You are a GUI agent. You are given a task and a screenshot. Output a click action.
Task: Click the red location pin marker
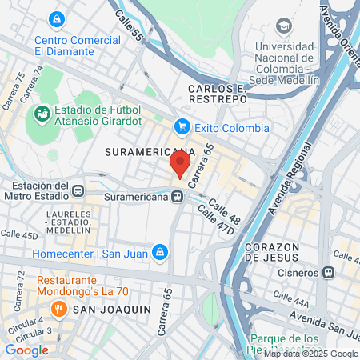tap(180, 164)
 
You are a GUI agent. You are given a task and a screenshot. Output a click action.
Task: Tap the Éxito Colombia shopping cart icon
tap(182, 126)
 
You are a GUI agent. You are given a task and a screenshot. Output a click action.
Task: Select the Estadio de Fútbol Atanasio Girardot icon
tap(39, 116)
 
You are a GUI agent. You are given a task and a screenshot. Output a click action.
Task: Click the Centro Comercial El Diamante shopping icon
tap(56, 18)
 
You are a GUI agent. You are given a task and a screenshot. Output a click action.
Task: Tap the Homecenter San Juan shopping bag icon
tap(160, 253)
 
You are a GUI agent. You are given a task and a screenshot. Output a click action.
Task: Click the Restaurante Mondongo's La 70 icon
tap(45, 282)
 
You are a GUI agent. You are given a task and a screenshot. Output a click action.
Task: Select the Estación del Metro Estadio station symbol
tap(78, 190)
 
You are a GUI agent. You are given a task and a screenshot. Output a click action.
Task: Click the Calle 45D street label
tap(19, 235)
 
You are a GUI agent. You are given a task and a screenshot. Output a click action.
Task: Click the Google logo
tap(26, 350)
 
